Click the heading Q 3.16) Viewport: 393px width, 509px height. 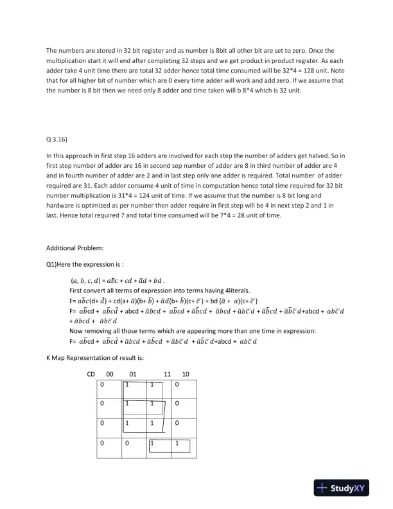pos(58,138)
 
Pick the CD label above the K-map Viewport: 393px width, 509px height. pos(91,374)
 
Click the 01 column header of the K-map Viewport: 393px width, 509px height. pos(133,374)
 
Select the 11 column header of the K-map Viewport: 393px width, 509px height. pos(167,374)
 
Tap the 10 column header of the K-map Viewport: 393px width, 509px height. pos(186,374)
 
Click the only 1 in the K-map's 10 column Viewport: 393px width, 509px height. pos(177,443)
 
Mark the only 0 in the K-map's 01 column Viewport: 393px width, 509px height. pos(127,443)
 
